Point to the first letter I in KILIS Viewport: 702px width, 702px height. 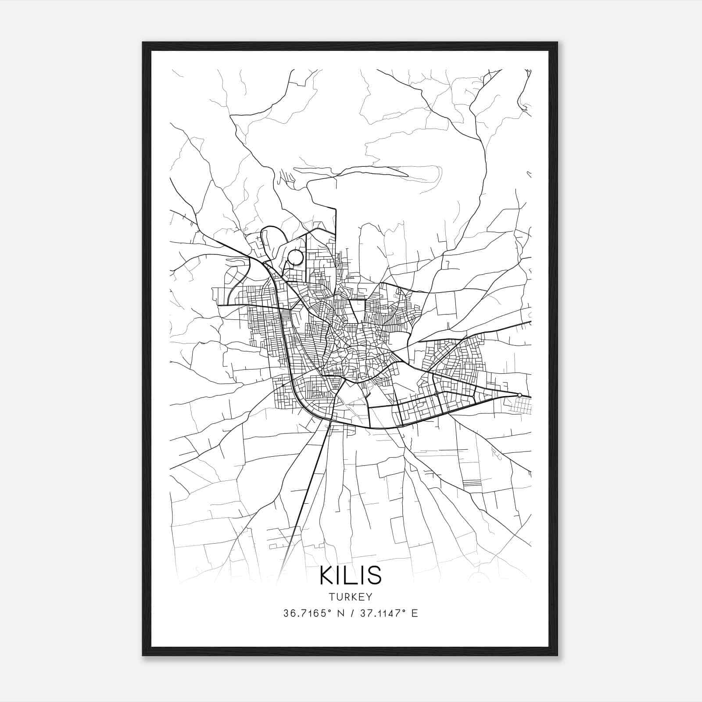click(340, 575)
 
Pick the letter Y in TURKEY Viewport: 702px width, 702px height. click(369, 597)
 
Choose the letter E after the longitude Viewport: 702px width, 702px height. click(415, 613)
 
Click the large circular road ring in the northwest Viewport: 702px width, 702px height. click(295, 258)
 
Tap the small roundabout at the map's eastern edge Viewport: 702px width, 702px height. click(519, 395)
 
